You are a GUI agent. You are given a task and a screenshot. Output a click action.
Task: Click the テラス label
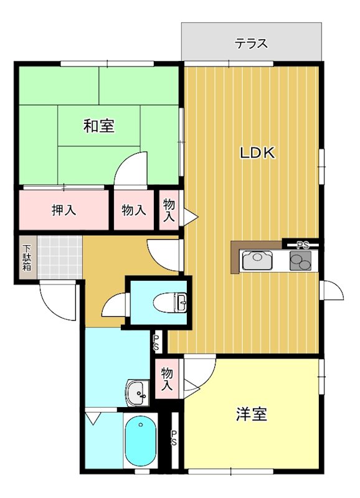click(x=252, y=44)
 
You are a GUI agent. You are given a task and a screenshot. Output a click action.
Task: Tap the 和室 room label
click(x=99, y=126)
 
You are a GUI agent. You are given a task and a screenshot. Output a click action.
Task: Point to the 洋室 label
click(x=252, y=414)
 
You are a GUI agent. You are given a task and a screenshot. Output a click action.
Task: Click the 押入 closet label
click(x=64, y=210)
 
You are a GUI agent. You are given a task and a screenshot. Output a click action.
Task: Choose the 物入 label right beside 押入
click(x=134, y=210)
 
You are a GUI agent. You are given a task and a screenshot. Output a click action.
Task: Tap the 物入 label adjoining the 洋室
click(x=166, y=379)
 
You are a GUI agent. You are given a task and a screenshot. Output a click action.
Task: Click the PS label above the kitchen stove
click(x=303, y=245)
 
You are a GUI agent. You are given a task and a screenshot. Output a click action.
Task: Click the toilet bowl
click(x=171, y=303)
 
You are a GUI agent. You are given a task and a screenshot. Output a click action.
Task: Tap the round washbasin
click(x=138, y=392)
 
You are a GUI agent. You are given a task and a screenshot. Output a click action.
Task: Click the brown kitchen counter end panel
click(x=235, y=256)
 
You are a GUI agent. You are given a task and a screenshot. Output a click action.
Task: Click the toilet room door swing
click(x=116, y=305)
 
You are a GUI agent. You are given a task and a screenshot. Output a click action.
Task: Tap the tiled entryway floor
click(x=59, y=256)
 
